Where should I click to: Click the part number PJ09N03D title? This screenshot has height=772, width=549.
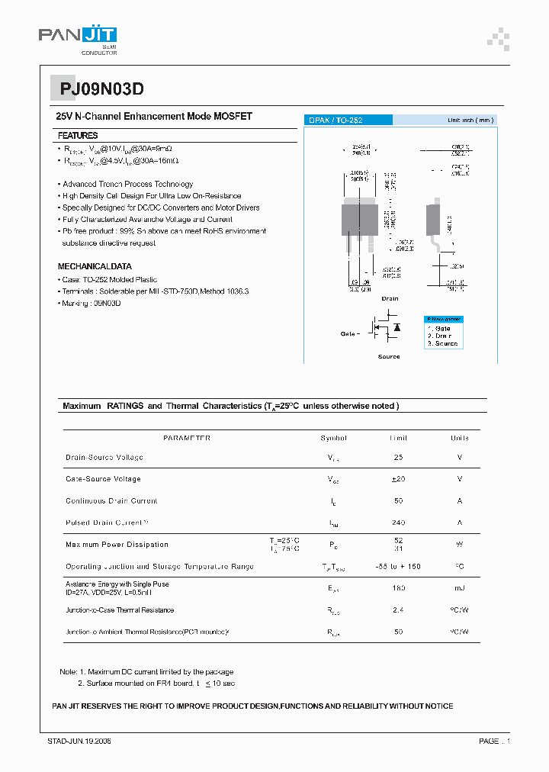[x=97, y=89]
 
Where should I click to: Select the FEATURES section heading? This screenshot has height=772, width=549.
[x=78, y=135]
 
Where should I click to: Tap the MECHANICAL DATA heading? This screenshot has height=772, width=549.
[x=95, y=266]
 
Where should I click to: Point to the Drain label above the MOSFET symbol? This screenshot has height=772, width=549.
[x=390, y=299]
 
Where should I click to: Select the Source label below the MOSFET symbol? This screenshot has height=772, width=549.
[x=388, y=356]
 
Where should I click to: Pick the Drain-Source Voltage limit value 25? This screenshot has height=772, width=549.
[x=398, y=458]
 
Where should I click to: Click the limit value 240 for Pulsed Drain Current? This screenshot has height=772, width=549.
[x=398, y=523]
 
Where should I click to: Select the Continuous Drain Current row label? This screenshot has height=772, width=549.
[x=111, y=501]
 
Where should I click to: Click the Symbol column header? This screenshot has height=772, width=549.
[x=333, y=438]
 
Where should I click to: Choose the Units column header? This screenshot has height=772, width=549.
[x=460, y=438]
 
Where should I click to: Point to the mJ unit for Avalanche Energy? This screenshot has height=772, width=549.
[x=460, y=588]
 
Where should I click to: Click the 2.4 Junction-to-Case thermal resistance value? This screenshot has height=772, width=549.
[x=398, y=610]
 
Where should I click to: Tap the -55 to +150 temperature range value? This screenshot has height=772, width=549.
[x=398, y=567]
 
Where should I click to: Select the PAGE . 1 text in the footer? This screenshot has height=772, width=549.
[x=494, y=741]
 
